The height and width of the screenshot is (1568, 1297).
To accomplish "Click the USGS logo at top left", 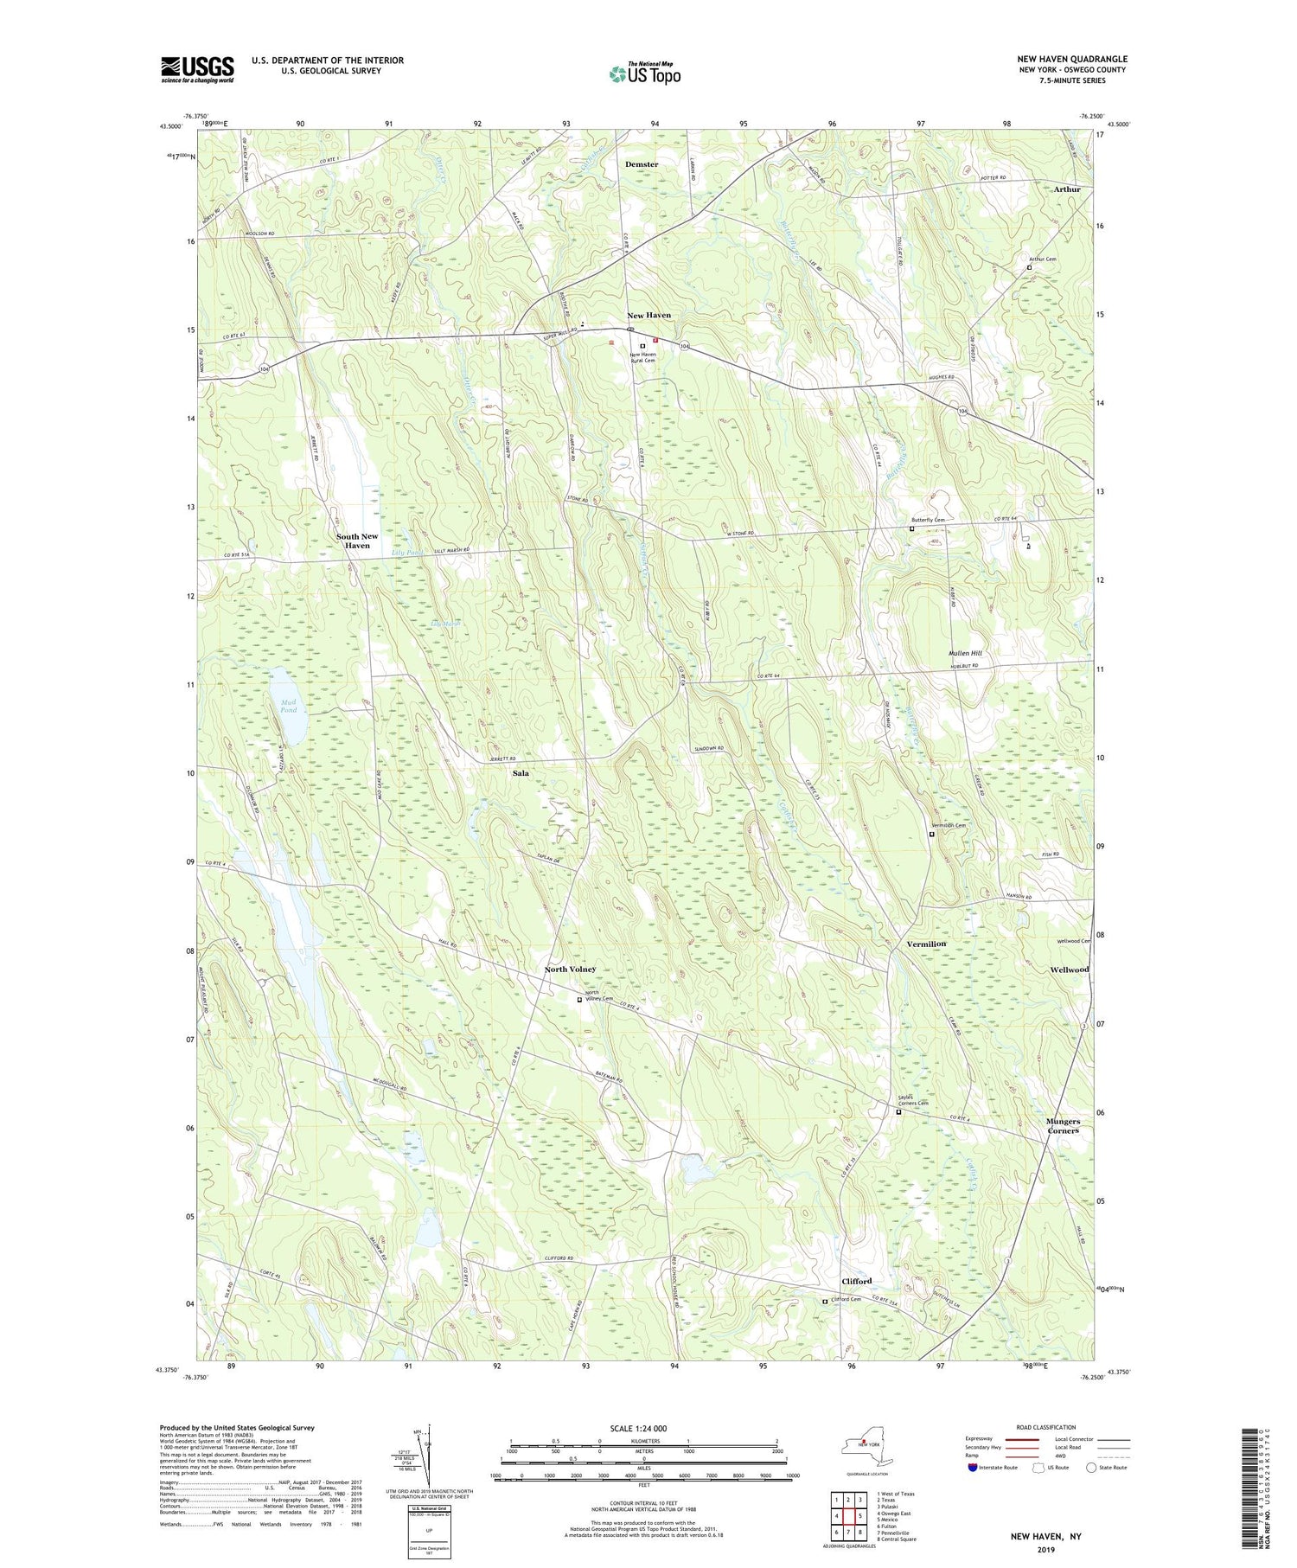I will tap(197, 69).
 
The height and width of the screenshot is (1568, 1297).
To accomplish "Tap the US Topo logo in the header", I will tap(644, 74).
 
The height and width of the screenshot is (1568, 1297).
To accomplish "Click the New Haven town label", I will tap(648, 316).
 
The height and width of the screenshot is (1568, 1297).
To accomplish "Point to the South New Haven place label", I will tap(357, 541).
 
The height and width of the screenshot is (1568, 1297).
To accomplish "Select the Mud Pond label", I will tap(288, 706).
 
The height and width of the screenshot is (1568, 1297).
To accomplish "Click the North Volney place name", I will tap(570, 970).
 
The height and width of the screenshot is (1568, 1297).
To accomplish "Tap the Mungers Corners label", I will tap(1063, 1126).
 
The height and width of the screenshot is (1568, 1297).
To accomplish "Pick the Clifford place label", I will tap(856, 1281).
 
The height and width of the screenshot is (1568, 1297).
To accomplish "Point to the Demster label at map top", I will tap(641, 164).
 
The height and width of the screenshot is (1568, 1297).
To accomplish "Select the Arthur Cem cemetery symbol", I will tap(1029, 268).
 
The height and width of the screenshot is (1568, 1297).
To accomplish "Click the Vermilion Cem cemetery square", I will tap(931, 835).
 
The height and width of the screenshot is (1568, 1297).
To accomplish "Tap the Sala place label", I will tap(521, 773).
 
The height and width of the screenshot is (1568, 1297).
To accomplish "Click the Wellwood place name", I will tap(1069, 970).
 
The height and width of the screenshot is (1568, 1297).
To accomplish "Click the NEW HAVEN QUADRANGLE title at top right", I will tap(1072, 59).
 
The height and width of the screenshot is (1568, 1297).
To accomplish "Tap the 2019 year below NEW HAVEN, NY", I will tap(1046, 1547).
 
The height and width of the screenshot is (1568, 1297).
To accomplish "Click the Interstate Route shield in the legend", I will tap(973, 1468).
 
